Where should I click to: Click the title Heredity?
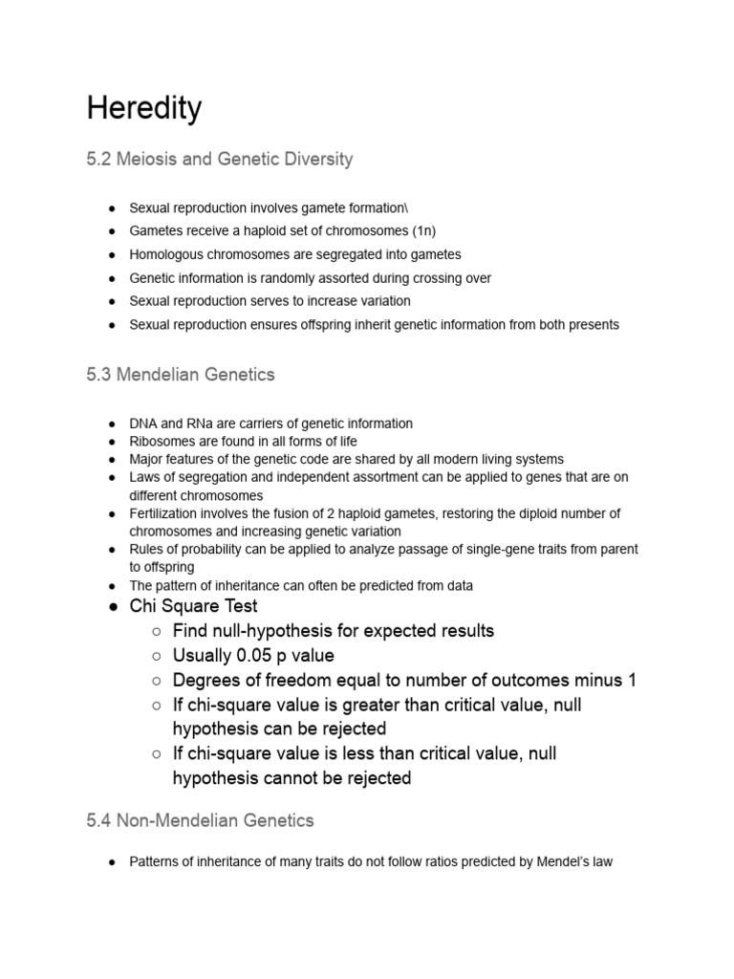pyautogui.click(x=144, y=109)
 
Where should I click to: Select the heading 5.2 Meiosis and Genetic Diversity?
pyautogui.click(x=219, y=159)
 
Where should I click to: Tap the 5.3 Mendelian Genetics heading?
pyautogui.click(x=181, y=375)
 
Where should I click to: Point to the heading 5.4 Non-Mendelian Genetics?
pyautogui.click(x=200, y=820)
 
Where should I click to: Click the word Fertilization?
pyautogui.click(x=165, y=513)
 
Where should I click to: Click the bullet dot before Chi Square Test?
pyautogui.click(x=112, y=607)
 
